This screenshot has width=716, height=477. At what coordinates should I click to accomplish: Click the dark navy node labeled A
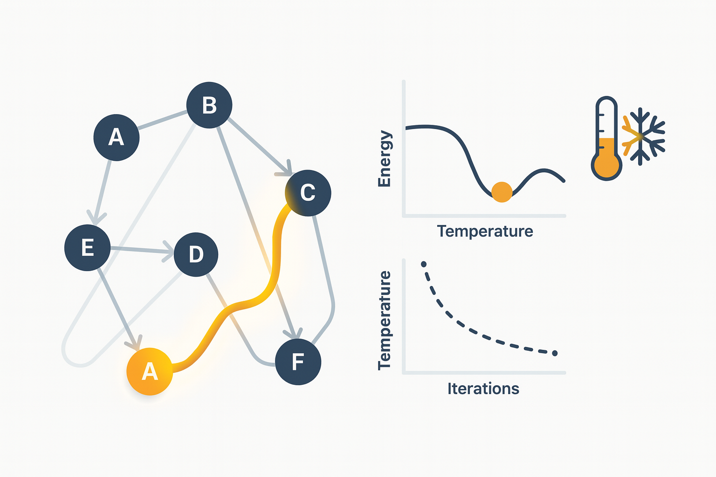(117, 137)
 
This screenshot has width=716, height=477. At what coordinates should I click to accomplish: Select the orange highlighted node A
(150, 372)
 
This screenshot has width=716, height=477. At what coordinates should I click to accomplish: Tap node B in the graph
(209, 105)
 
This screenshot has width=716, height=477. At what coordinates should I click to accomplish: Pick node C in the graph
(308, 193)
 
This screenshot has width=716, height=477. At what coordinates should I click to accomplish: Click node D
(196, 254)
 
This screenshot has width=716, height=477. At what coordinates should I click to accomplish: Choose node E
(88, 248)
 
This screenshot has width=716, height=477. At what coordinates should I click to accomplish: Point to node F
(298, 361)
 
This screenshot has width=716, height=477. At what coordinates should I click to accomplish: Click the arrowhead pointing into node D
(169, 252)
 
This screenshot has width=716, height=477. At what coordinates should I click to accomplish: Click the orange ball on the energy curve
(502, 192)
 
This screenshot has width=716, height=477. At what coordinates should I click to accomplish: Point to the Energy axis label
(385, 158)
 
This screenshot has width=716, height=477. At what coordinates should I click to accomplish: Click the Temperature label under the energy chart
(485, 232)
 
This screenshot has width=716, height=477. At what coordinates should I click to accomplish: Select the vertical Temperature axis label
(385, 320)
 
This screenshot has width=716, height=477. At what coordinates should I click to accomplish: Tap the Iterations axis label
(483, 389)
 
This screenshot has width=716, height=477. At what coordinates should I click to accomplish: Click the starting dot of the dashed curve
(424, 264)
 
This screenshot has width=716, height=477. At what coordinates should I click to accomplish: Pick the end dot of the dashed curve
(555, 353)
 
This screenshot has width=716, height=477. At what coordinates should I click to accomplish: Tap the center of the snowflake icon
(640, 137)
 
